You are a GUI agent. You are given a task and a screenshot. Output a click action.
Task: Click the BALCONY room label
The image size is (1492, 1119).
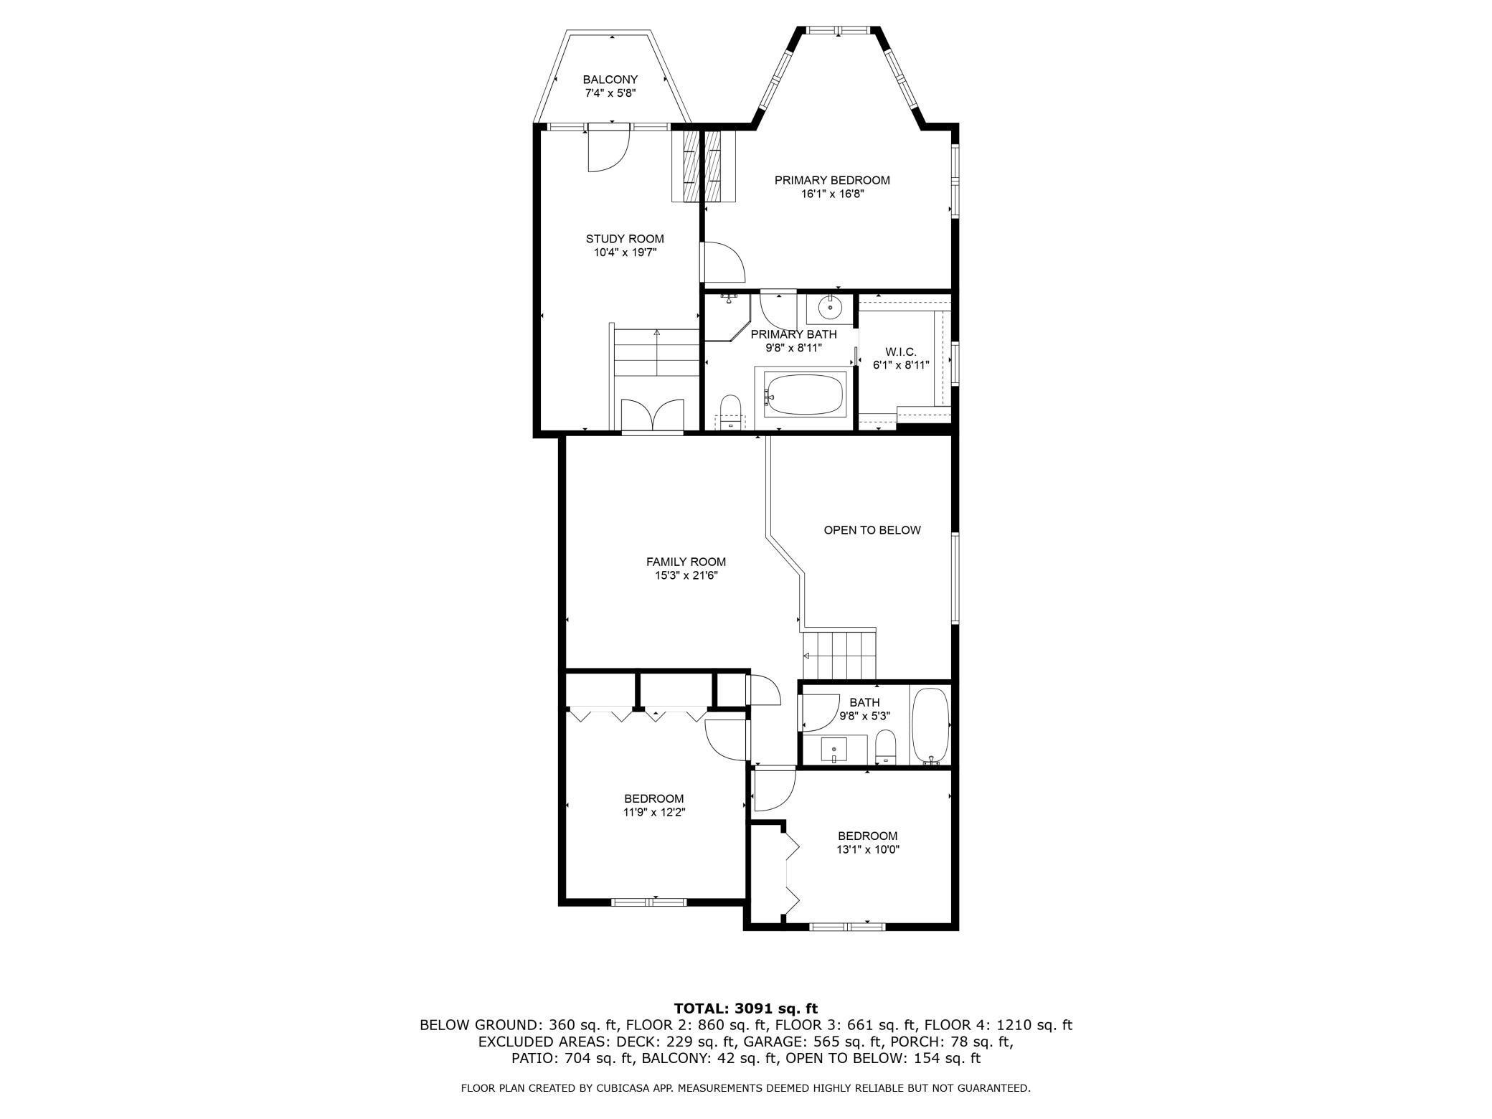(x=610, y=80)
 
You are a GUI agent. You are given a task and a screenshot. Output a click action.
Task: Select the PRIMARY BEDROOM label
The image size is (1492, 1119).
(x=832, y=180)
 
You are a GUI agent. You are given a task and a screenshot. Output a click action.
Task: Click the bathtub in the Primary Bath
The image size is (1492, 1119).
(x=804, y=393)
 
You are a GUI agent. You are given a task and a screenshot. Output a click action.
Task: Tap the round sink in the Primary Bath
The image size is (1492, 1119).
(x=830, y=309)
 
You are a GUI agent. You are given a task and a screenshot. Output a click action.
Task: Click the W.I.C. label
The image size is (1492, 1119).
(x=901, y=351)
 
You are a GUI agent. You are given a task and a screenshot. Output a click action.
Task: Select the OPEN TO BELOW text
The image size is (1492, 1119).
(x=872, y=530)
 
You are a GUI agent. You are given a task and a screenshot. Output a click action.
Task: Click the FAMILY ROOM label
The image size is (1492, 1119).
(x=686, y=562)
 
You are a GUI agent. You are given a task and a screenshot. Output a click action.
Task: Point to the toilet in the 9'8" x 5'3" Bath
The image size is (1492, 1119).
(x=887, y=747)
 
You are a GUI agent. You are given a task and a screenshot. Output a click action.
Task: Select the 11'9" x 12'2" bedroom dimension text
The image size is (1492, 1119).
(x=653, y=813)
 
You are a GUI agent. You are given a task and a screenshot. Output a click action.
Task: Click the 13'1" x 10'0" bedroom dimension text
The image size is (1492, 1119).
(x=868, y=850)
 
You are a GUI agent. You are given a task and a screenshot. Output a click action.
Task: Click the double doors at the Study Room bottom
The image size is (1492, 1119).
(x=652, y=415)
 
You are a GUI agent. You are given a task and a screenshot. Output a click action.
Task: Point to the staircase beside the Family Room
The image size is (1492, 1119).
(x=839, y=655)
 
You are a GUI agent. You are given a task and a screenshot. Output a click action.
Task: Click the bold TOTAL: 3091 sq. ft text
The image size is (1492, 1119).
(x=746, y=1008)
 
